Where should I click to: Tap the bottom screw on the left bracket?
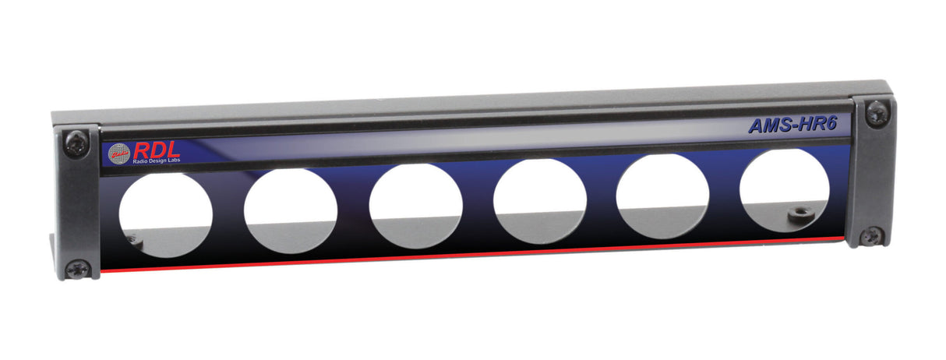pos(77,268)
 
